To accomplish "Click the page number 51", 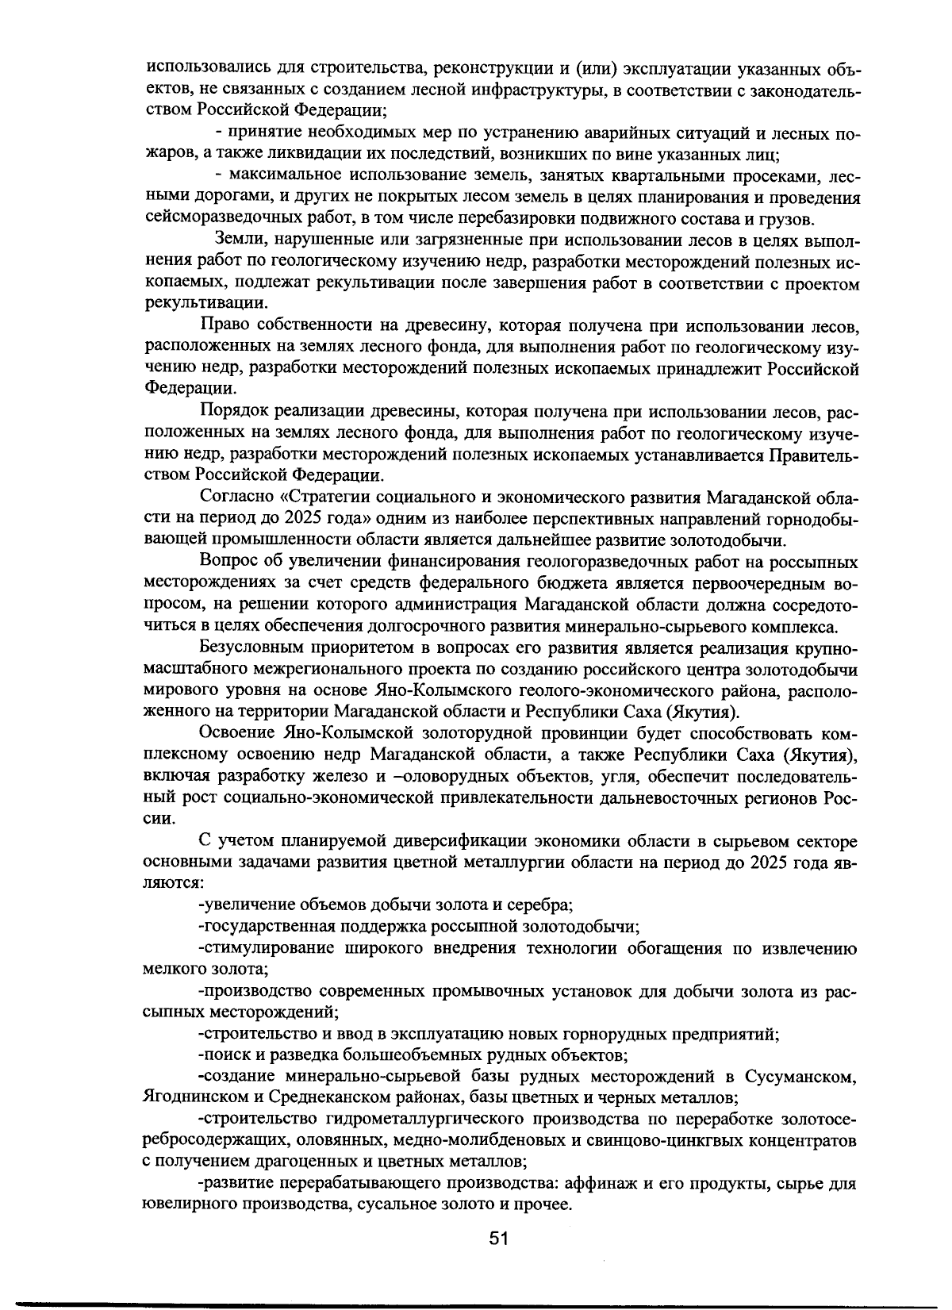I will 498,1239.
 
